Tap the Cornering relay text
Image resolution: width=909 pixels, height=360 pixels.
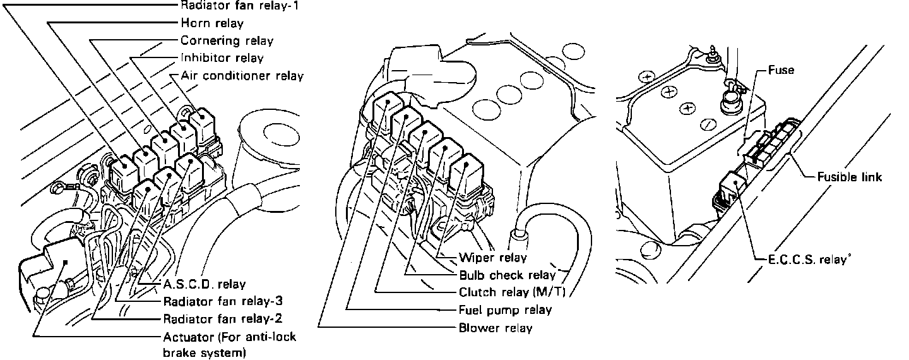(227, 41)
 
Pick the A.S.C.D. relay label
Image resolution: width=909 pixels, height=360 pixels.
(204, 284)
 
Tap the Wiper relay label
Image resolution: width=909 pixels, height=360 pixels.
(492, 258)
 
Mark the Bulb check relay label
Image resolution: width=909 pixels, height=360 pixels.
(508, 275)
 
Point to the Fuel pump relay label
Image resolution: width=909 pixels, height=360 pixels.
(505, 310)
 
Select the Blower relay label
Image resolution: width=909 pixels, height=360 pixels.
(496, 328)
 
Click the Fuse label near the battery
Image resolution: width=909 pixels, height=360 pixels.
(781, 71)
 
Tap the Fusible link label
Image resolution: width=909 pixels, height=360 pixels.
(849, 177)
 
